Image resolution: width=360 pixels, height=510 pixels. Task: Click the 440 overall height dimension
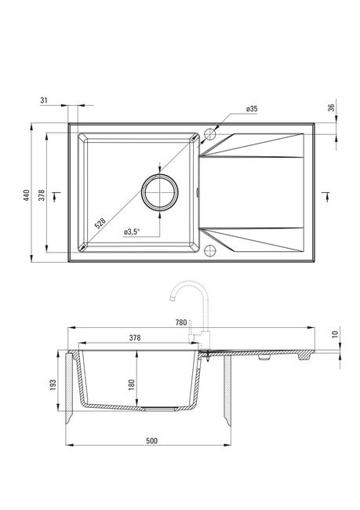click(27, 195)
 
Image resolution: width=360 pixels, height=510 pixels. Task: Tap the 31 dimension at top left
click(44, 100)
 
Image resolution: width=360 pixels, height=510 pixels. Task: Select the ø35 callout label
click(252, 109)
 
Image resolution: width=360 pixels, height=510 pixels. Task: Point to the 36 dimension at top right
click(332, 107)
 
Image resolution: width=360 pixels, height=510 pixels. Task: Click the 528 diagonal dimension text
click(100, 224)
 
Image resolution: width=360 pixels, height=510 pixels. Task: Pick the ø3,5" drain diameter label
click(132, 232)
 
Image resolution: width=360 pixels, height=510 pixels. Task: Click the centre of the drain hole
click(160, 192)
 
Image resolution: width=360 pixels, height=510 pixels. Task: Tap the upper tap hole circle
click(210, 134)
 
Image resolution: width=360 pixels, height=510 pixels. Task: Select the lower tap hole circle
click(210, 250)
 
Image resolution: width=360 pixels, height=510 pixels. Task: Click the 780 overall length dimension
click(181, 322)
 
